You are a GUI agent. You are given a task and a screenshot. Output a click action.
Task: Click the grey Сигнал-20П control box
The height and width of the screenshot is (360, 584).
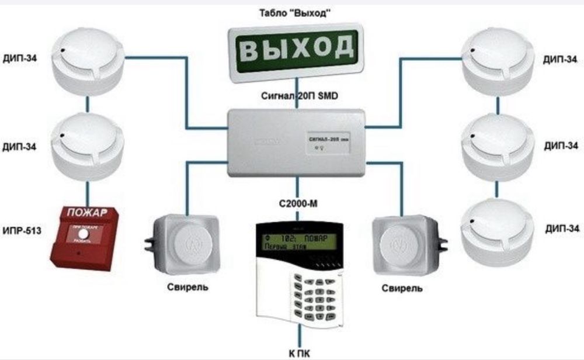pyautogui.click(x=297, y=141)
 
